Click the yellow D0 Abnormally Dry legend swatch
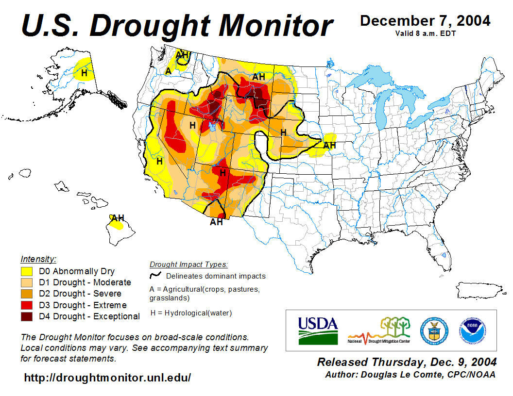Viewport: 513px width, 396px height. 27,271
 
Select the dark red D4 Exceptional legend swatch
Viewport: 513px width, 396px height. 27,316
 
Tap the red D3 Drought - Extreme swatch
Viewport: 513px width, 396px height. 27,305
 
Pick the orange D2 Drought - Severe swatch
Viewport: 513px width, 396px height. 27,294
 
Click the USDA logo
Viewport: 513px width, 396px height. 318,330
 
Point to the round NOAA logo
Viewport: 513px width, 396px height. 473,330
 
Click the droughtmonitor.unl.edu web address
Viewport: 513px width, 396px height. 107,378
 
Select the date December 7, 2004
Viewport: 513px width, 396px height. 425,21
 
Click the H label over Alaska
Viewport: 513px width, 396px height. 84,73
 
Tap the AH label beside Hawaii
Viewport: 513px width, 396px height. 118,218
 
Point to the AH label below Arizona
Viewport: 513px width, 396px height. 216,222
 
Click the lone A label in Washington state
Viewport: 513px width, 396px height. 169,71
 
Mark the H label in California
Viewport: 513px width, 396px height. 159,161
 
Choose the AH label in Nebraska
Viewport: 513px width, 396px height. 329,145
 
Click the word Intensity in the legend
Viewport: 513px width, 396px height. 38,259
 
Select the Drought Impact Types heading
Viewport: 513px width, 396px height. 188,264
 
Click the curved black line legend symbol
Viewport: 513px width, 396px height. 155,276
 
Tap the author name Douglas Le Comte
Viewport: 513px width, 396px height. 395,375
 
